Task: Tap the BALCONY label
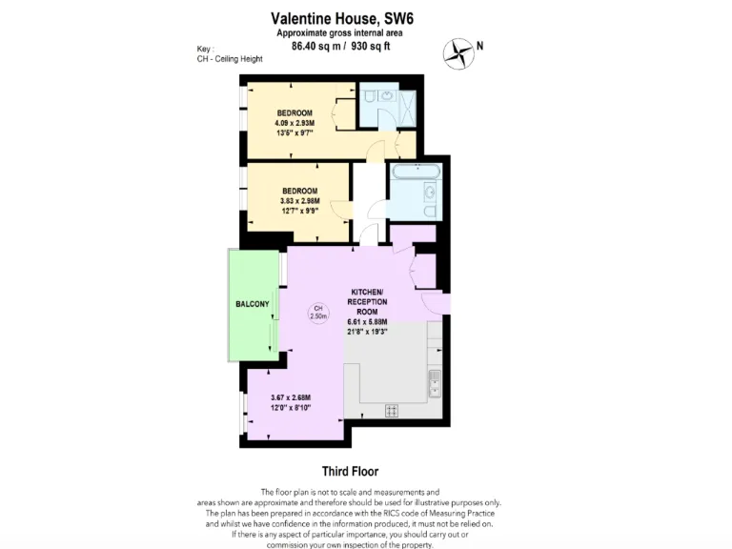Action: click(253, 304)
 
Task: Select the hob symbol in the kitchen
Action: click(391, 410)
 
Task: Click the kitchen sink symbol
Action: click(434, 383)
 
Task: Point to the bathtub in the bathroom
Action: click(415, 174)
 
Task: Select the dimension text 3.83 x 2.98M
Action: click(298, 201)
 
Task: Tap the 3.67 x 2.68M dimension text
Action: click(291, 397)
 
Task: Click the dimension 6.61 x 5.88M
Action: click(367, 322)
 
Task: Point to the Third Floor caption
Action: click(350, 471)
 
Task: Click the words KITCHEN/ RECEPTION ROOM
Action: click(367, 300)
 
